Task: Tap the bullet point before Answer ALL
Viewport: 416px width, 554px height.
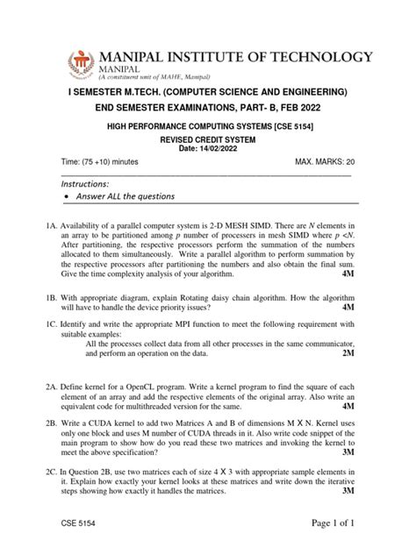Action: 68,196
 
